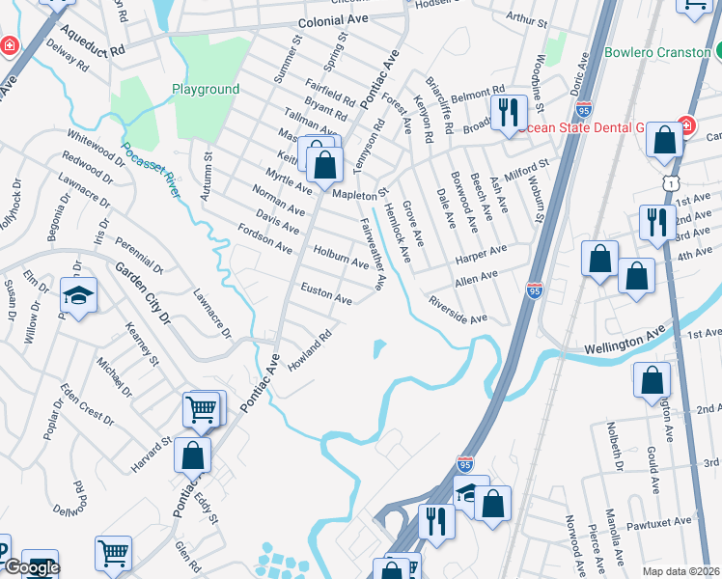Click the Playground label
(x=206, y=90)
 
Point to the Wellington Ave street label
(x=625, y=339)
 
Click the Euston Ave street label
(x=326, y=293)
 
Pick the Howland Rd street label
(x=310, y=351)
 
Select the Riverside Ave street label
(x=458, y=310)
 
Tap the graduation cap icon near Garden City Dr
(x=78, y=293)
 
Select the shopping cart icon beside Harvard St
(x=203, y=409)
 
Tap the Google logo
(x=32, y=567)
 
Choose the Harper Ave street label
(x=480, y=254)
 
